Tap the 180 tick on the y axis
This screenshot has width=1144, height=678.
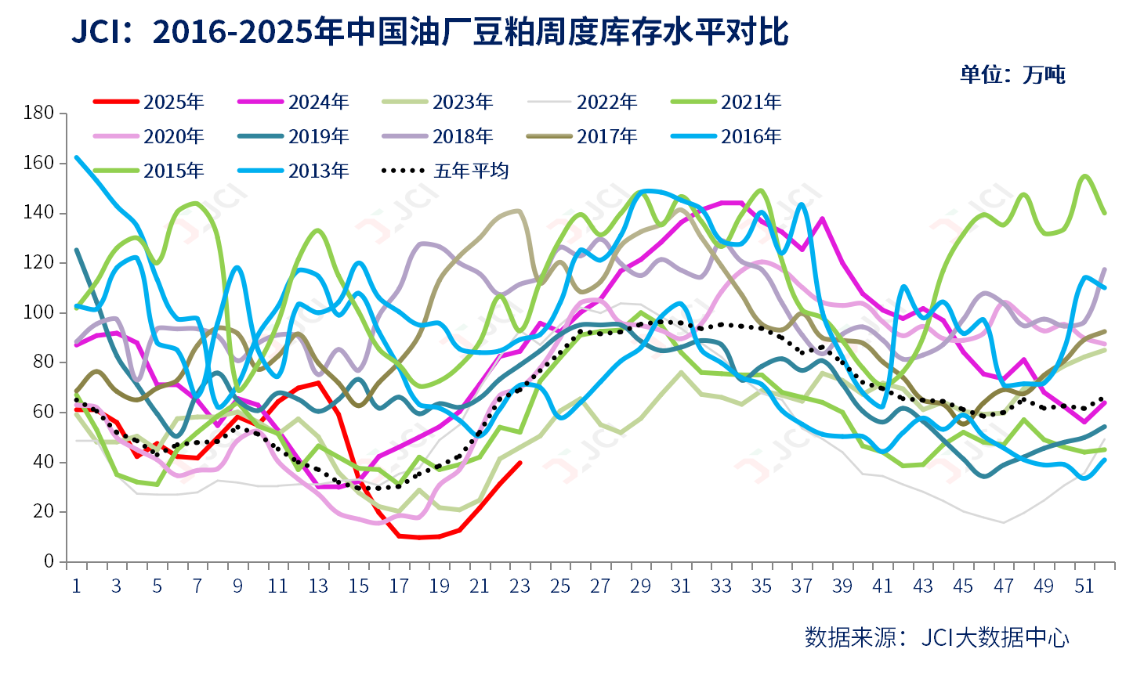(39, 113)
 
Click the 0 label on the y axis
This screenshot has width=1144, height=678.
(49, 561)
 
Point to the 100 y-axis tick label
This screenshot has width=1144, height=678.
(39, 312)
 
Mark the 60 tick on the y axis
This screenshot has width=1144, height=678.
(44, 412)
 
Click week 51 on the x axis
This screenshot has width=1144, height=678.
(1084, 586)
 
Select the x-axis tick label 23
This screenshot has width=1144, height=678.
(520, 586)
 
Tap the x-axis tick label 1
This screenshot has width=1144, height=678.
(76, 586)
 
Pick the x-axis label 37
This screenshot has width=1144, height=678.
(802, 586)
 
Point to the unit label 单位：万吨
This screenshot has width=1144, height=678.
(1012, 74)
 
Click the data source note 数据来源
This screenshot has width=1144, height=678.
(936, 637)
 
